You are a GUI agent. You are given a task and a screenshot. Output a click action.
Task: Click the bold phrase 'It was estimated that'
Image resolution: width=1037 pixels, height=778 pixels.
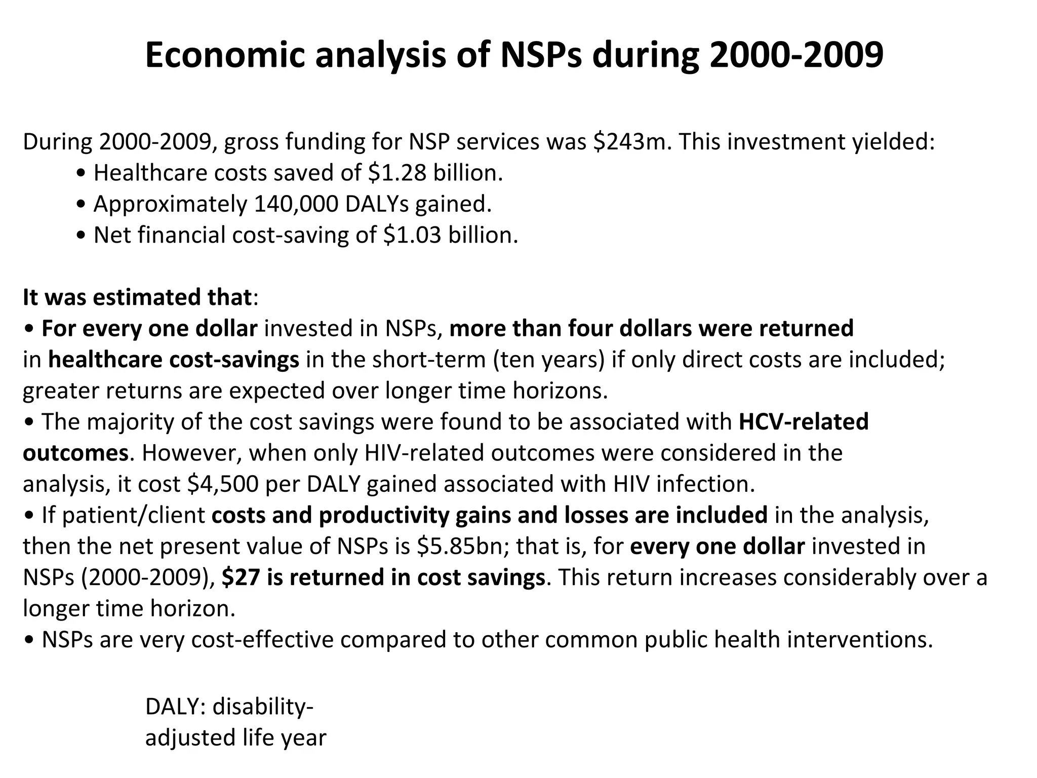(x=137, y=297)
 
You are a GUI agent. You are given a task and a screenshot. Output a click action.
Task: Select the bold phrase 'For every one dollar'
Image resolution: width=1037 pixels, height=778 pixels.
(x=149, y=328)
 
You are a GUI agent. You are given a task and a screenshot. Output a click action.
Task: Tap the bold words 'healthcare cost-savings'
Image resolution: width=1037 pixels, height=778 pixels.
(x=174, y=360)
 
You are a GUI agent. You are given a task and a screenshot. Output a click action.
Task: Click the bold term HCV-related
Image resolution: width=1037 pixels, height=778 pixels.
(x=804, y=421)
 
